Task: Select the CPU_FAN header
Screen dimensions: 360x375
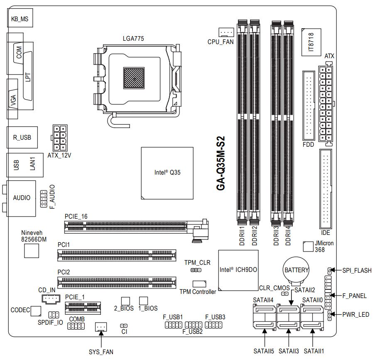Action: (226, 32)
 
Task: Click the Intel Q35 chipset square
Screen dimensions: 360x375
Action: (167, 173)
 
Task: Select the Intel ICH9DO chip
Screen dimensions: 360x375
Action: (238, 270)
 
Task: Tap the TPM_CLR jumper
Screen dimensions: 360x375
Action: (196, 271)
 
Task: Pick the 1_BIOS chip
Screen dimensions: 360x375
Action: (144, 301)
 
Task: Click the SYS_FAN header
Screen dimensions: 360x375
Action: (101, 327)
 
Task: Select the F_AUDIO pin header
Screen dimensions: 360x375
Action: (43, 199)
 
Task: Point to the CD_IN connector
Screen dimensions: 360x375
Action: (51, 298)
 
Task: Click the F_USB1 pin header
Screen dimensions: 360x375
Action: (173, 325)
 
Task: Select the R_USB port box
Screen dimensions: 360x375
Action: (22, 137)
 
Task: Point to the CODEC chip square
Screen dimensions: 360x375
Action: (36, 311)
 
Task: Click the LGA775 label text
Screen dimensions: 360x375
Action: (134, 39)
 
